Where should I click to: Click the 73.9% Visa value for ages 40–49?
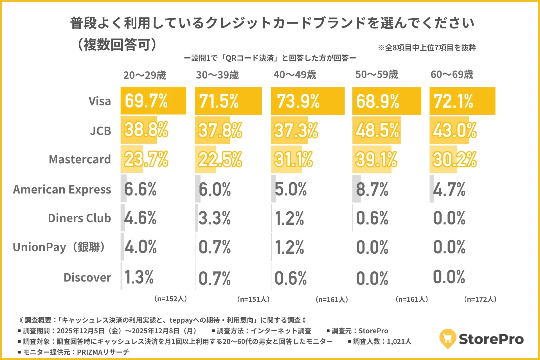tap(298, 101)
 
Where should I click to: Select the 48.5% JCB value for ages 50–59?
tap(377, 130)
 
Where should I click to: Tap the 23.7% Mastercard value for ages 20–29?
tap(146, 159)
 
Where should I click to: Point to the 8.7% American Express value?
tap(372, 189)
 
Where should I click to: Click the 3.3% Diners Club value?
tap(215, 218)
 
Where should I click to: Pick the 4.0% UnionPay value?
tap(140, 247)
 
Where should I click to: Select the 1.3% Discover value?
tap(139, 277)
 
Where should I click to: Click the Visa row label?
tap(100, 101)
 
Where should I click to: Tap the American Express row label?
tap(62, 189)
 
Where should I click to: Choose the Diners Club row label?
tap(79, 218)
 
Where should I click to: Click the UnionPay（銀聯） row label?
tap(60, 247)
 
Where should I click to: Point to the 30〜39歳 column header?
tap(217, 75)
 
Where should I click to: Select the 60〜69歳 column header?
tap(452, 75)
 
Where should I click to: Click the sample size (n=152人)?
tap(170, 299)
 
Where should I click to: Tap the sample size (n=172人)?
tap(480, 299)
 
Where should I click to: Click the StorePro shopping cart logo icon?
tap(447, 339)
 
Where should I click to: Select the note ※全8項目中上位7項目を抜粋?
tap(427, 48)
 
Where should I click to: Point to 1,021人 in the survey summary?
tap(399, 341)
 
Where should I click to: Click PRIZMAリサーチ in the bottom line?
tap(103, 352)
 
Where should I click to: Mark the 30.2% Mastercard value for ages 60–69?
tap(454, 159)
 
